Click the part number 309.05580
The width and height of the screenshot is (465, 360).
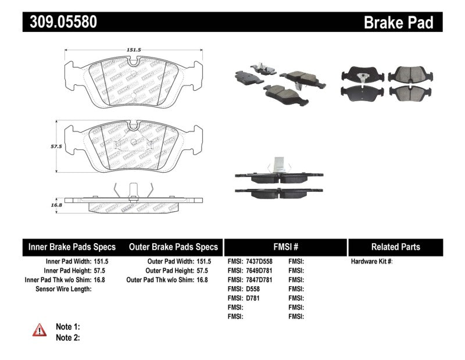point(60,22)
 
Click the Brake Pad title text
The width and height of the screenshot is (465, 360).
point(398,22)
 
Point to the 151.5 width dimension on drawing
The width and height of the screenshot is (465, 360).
point(134,50)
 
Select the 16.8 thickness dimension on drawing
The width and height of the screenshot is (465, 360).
point(56,204)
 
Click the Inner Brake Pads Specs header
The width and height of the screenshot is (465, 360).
point(72,247)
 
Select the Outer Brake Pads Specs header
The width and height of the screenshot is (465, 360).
point(173,247)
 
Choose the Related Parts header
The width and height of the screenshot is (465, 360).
point(395,247)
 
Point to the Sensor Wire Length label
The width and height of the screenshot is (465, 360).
point(63,288)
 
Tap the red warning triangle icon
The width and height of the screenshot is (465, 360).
point(40,331)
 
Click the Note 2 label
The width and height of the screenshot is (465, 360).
point(67,337)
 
